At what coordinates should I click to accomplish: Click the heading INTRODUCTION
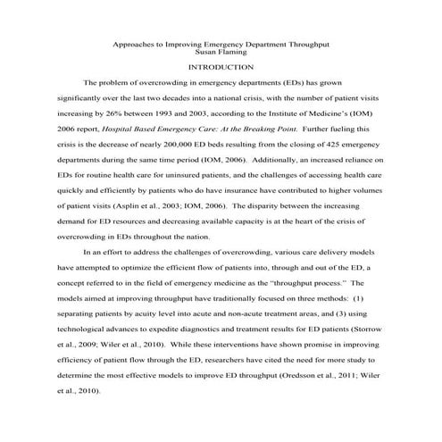[221, 67]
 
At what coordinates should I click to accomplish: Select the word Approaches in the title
[138, 43]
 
